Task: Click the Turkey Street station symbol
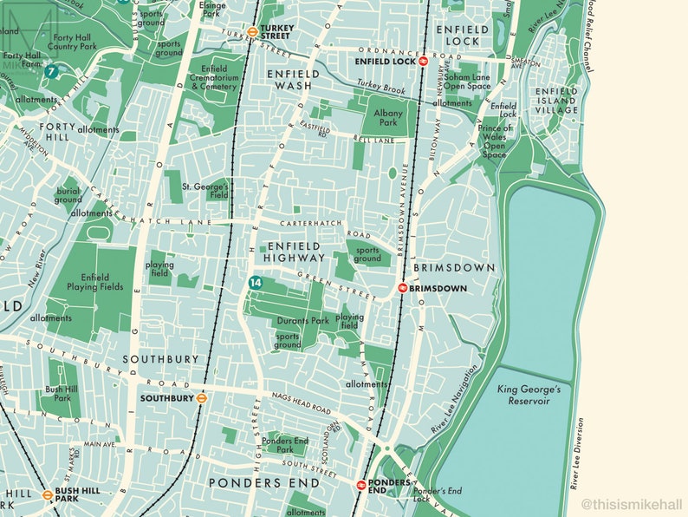coord(251,33)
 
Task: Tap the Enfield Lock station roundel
coord(423,62)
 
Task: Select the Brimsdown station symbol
coord(403,288)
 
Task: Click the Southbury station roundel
coord(200,399)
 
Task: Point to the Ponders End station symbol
coord(361,484)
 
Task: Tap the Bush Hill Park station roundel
coord(48,495)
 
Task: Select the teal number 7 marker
coord(53,72)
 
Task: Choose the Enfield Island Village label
coord(555,101)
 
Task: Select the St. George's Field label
coord(205,192)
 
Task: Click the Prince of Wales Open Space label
coord(496,141)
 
